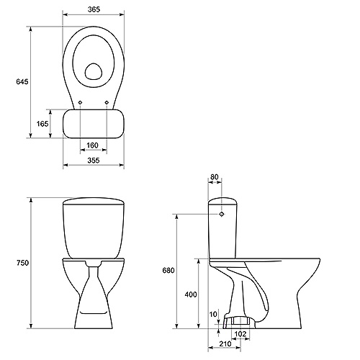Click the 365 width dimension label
[94, 9]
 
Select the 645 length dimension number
[22, 81]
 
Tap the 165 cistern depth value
[42, 124]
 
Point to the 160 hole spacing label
[92, 145]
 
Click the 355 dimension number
[94, 160]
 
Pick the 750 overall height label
[22, 263]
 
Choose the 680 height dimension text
[168, 270]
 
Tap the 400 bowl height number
[191, 294]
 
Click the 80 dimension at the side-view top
[215, 177]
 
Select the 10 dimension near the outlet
[213, 314]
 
